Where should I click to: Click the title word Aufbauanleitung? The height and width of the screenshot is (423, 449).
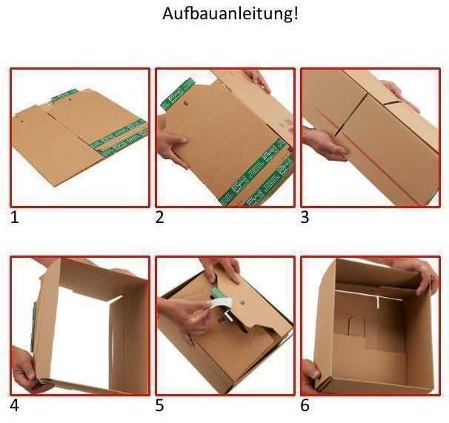pyautogui.click(x=230, y=14)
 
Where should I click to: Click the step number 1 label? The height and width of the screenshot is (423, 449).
pyautogui.click(x=14, y=218)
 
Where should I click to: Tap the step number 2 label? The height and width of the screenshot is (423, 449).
pyautogui.click(x=159, y=218)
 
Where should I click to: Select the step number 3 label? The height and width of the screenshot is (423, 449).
pyautogui.click(x=305, y=218)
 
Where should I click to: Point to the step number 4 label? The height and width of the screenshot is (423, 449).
pyautogui.click(x=14, y=405)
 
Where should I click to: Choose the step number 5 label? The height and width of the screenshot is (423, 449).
pyautogui.click(x=159, y=405)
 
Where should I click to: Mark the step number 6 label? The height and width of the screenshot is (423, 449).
pyautogui.click(x=305, y=405)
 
